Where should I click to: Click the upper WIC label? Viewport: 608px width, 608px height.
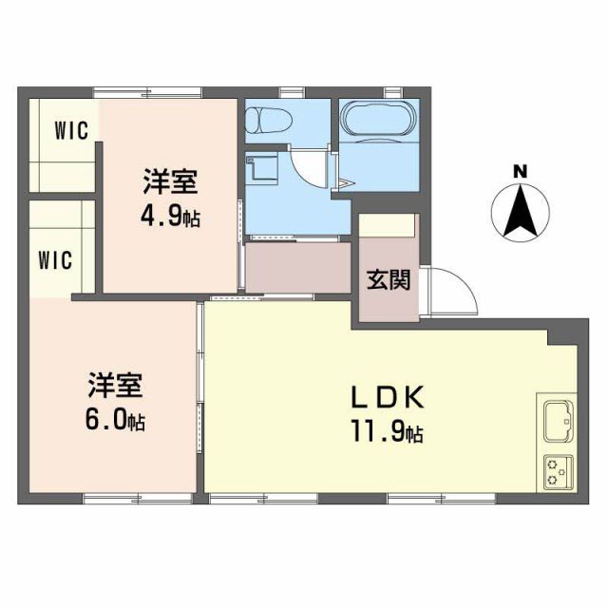click(x=71, y=129)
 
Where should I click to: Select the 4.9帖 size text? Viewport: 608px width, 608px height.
click(x=171, y=218)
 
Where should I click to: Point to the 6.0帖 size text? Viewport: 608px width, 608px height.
click(x=116, y=422)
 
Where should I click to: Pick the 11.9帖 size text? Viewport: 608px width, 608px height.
click(x=387, y=434)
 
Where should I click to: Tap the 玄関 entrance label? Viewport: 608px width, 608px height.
click(x=389, y=280)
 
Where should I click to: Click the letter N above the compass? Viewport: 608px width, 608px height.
click(x=520, y=172)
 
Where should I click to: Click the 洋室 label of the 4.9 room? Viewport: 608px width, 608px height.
click(x=171, y=180)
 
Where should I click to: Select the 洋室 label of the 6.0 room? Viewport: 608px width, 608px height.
click(x=116, y=385)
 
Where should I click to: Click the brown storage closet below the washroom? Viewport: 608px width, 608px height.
click(x=297, y=267)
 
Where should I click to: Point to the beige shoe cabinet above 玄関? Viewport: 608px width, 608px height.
click(x=388, y=226)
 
